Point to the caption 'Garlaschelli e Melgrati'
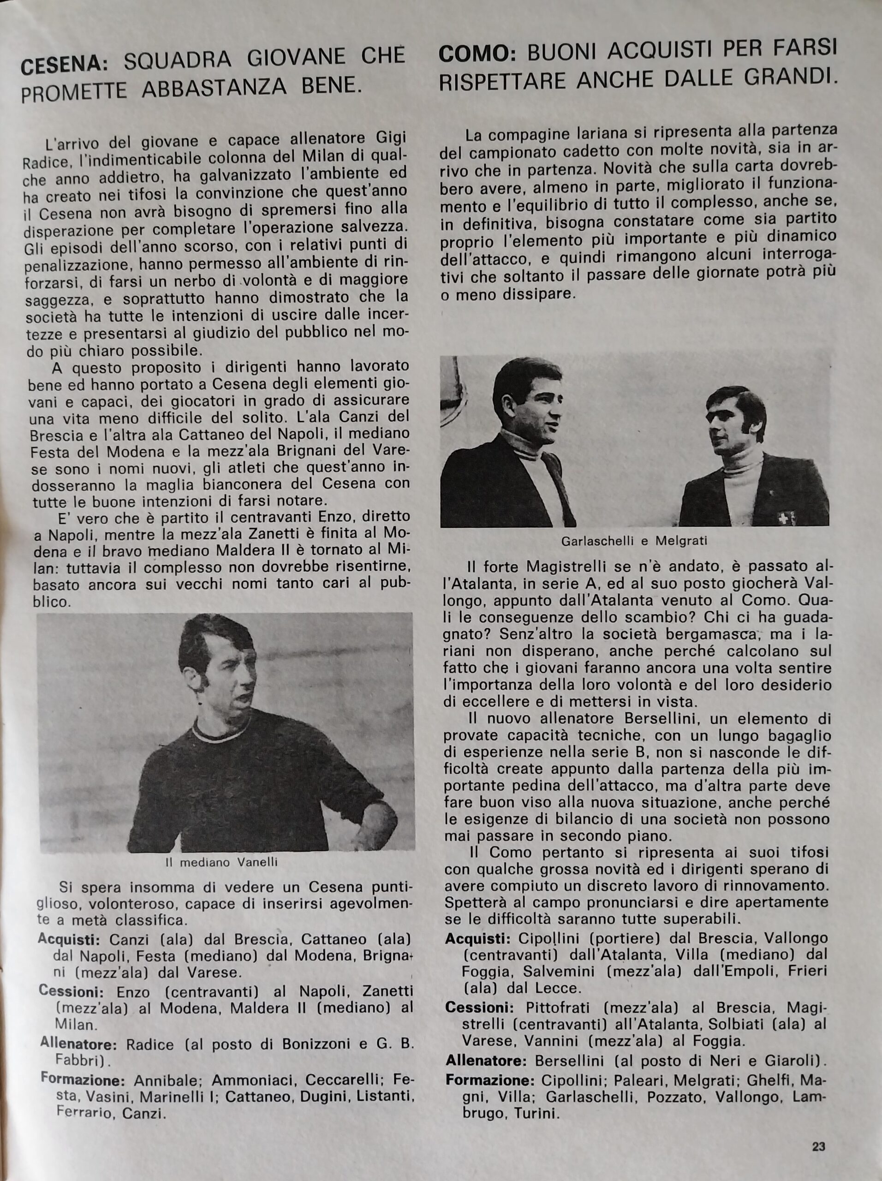(x=634, y=541)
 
